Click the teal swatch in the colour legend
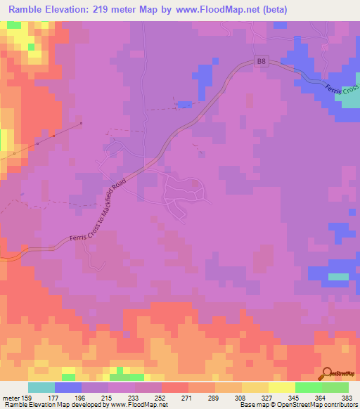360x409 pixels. click(41, 387)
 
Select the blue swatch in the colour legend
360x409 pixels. click(68, 387)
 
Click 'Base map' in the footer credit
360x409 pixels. click(253, 404)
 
